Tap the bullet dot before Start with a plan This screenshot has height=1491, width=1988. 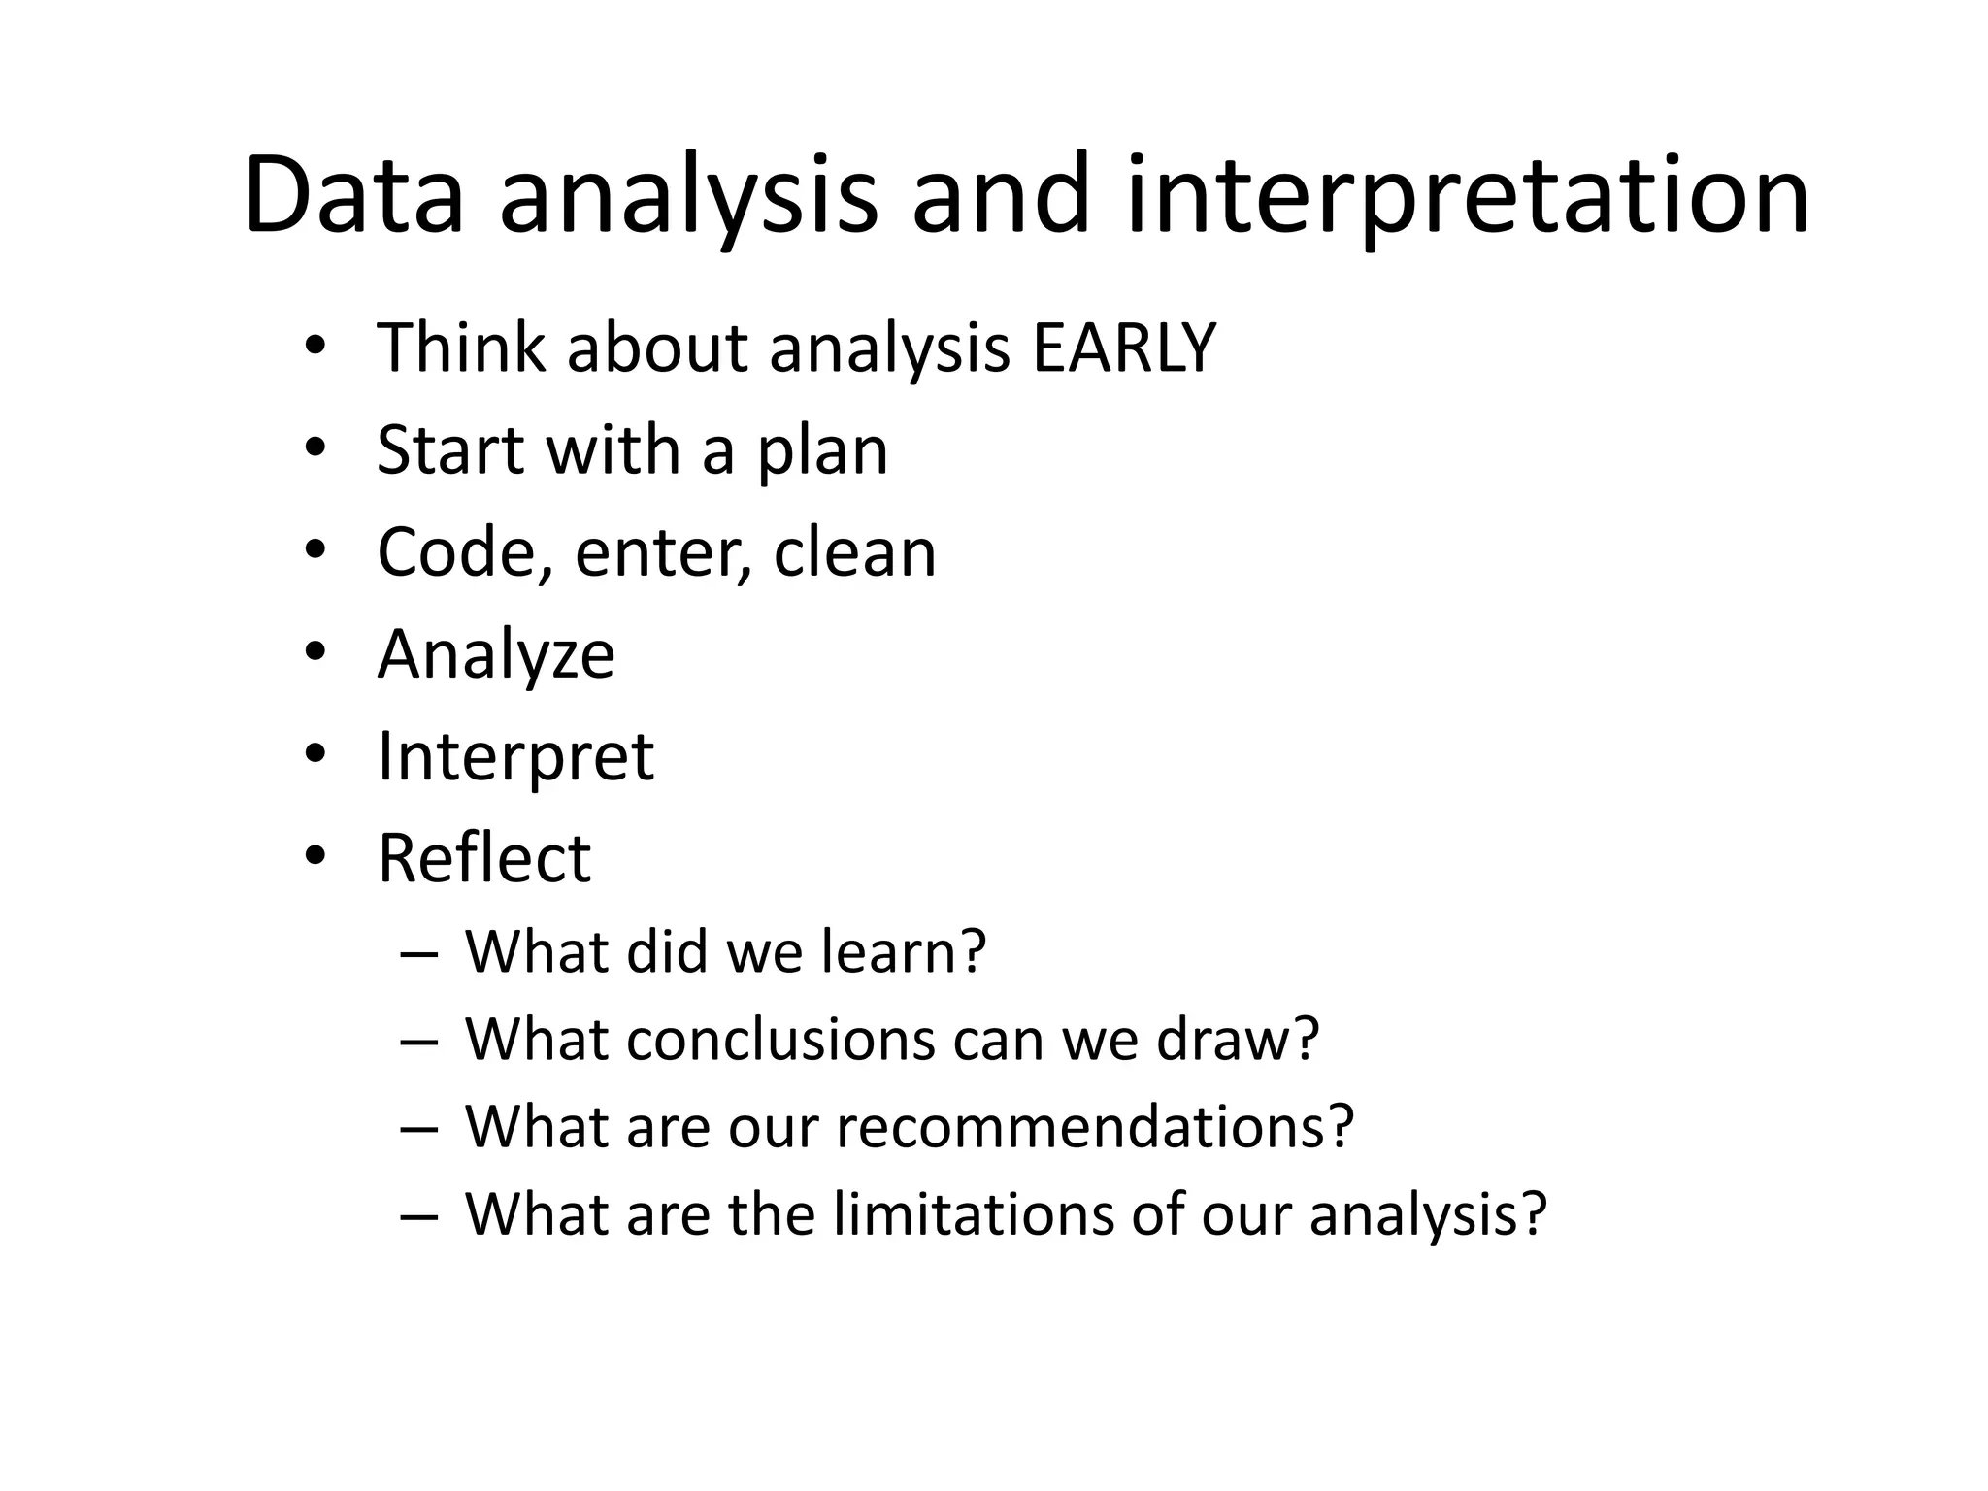tap(314, 448)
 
